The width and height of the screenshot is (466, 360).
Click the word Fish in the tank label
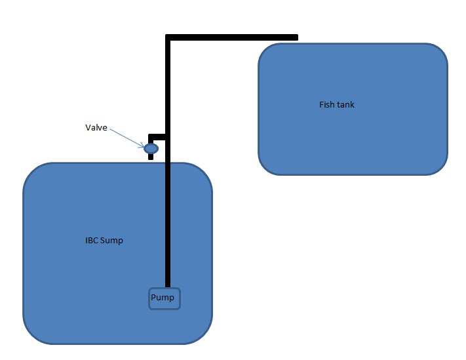[x=326, y=104]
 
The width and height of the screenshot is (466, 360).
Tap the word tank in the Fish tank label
[x=345, y=104]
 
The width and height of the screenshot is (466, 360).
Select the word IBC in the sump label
[x=92, y=241]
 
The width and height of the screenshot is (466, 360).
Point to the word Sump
[x=113, y=241]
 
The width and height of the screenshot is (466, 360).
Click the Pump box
[x=163, y=298]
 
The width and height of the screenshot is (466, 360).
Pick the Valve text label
[x=96, y=128]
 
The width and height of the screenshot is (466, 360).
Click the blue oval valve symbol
[x=151, y=149]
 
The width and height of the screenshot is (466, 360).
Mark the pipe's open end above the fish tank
[x=296, y=37]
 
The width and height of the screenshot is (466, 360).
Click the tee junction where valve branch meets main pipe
[x=168, y=136]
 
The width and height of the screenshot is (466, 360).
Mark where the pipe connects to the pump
[x=168, y=287]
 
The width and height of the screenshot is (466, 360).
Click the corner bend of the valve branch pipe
[x=151, y=136]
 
